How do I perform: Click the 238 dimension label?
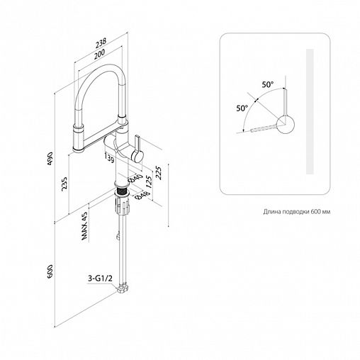[x=101, y=43]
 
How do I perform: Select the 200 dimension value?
[x=99, y=55]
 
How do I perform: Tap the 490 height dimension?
[x=51, y=158]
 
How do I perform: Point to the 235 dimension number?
[x=64, y=184]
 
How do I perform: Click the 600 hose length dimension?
[x=50, y=271]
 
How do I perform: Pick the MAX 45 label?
[x=84, y=226]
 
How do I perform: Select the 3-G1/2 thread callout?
[x=100, y=279]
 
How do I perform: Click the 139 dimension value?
[x=109, y=157]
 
